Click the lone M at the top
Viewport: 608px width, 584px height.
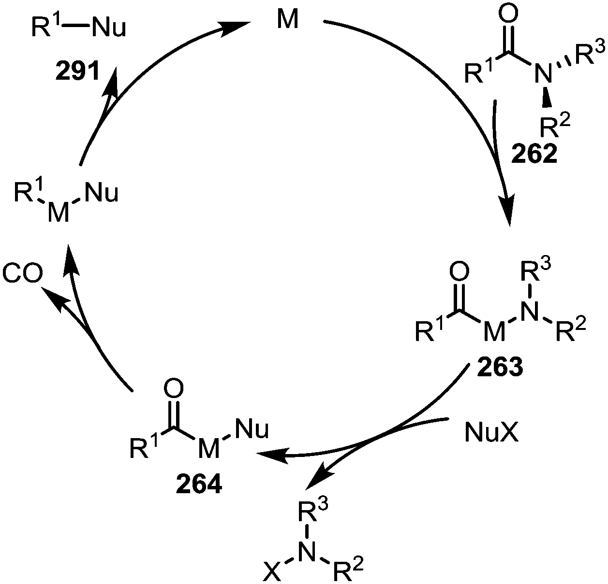(288, 21)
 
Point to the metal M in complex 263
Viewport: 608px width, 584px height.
(494, 333)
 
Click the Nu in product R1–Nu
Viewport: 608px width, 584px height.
(109, 28)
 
